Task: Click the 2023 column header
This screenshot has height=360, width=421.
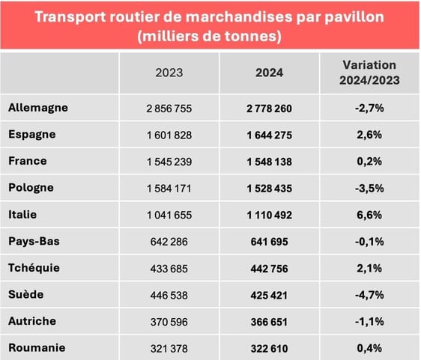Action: click(x=169, y=73)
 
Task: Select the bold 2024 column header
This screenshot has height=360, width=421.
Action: click(x=269, y=73)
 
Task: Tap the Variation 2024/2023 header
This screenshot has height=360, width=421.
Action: click(x=369, y=72)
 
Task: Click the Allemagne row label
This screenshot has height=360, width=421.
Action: click(x=38, y=108)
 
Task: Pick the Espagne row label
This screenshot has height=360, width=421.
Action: click(x=34, y=134)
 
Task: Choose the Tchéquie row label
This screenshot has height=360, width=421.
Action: click(x=34, y=267)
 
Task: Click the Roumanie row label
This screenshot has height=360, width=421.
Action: click(x=37, y=347)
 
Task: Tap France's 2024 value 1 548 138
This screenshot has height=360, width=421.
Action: click(x=269, y=162)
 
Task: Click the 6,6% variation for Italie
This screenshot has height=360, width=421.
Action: click(x=369, y=215)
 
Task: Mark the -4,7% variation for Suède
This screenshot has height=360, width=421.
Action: click(x=369, y=295)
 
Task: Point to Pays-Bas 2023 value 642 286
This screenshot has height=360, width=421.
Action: click(x=169, y=242)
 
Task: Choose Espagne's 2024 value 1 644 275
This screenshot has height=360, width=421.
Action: click(x=269, y=135)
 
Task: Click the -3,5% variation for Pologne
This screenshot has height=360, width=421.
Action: click(x=369, y=189)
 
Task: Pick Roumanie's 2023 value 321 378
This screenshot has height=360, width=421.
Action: click(x=169, y=348)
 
